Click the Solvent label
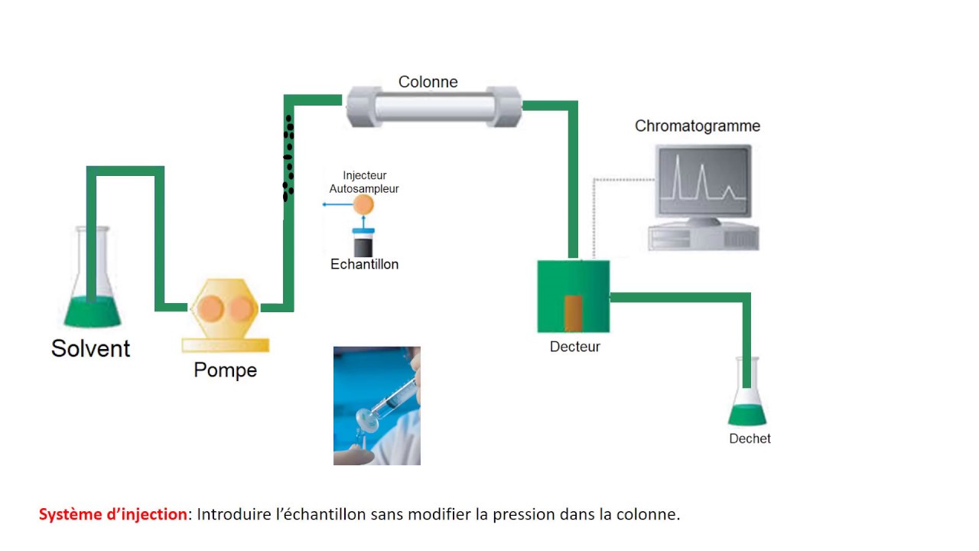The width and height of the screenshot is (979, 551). [90, 348]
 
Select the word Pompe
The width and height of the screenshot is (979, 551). [225, 370]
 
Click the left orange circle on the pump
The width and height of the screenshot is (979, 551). [210, 308]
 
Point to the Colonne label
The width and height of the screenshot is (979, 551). [428, 82]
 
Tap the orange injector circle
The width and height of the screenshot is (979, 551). [363, 204]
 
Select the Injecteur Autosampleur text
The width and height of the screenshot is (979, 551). [364, 182]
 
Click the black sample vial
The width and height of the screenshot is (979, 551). [363, 246]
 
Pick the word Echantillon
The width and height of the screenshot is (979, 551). [364, 265]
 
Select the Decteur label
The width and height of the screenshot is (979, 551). [574, 347]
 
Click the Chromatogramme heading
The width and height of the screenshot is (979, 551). [697, 126]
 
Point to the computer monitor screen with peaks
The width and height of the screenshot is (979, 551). [703, 181]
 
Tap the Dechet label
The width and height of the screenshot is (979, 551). [750, 439]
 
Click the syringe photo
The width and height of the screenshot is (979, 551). [376, 406]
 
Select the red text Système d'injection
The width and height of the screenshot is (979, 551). [112, 514]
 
